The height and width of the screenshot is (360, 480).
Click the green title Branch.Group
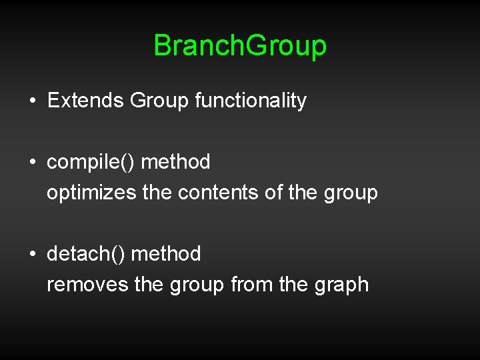pyautogui.click(x=240, y=46)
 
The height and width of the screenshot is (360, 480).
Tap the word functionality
pyautogui.click(x=251, y=101)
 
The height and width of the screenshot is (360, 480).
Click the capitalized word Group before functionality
pyautogui.click(x=159, y=101)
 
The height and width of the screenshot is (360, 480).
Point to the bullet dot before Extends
pyautogui.click(x=32, y=101)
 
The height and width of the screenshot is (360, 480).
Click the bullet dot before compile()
pyautogui.click(x=32, y=163)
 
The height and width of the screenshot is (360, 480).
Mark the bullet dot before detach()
pyautogui.click(x=32, y=255)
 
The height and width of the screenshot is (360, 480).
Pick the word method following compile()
pyautogui.click(x=176, y=162)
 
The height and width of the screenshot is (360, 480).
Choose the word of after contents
pyautogui.click(x=273, y=193)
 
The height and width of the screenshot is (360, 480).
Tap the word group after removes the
pyautogui.click(x=197, y=285)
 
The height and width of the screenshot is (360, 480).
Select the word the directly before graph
pyautogui.click(x=293, y=285)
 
